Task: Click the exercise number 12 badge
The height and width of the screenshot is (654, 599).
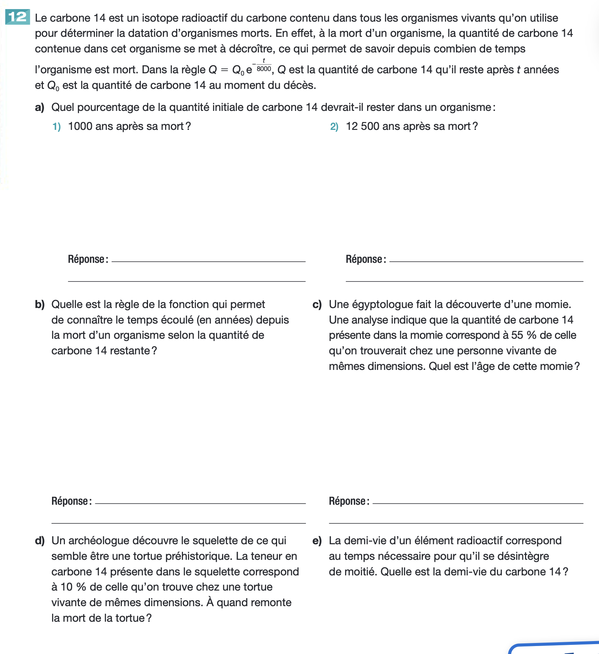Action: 17,17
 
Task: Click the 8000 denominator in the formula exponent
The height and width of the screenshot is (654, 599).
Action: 264,69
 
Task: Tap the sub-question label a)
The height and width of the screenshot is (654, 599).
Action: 39,107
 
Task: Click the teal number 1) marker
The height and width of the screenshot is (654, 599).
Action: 57,126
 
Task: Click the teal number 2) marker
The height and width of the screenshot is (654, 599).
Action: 334,126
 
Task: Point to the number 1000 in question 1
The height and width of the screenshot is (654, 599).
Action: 80,126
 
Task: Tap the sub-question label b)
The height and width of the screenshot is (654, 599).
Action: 39,305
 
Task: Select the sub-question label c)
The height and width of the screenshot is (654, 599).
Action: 317,305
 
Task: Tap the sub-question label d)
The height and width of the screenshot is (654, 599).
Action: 39,541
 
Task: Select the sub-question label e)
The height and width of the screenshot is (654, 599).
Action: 317,541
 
